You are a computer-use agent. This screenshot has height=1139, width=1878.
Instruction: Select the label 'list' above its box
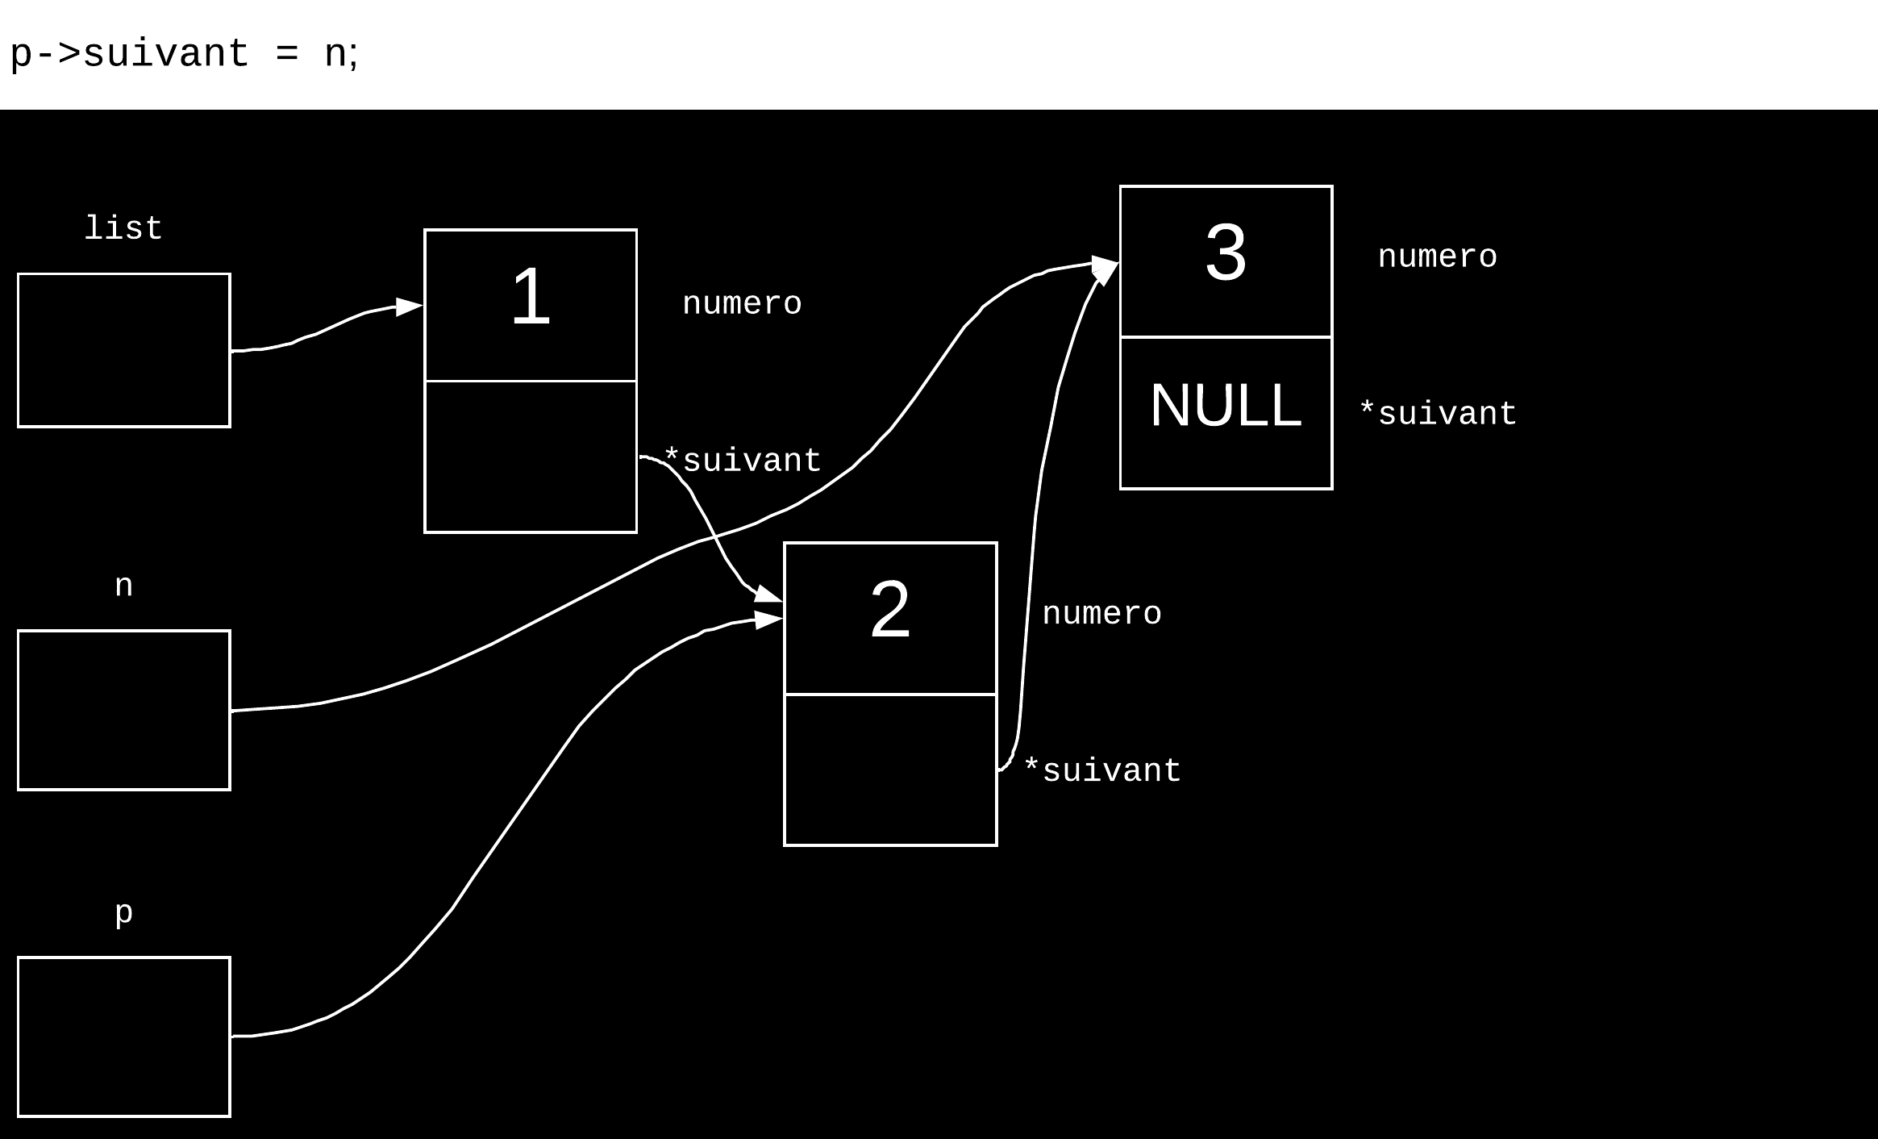(x=123, y=229)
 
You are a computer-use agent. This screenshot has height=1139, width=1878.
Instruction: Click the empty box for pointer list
(x=124, y=350)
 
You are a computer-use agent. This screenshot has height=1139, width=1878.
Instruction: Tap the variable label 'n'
(x=123, y=586)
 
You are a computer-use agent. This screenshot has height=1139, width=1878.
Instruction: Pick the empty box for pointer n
(x=124, y=710)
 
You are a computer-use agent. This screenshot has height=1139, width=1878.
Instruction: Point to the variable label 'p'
(x=123, y=913)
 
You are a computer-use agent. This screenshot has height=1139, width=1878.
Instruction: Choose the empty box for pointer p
(x=124, y=1037)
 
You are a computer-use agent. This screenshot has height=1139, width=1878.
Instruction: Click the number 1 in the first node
(x=531, y=298)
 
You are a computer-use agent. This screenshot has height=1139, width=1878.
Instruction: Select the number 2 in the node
(x=890, y=611)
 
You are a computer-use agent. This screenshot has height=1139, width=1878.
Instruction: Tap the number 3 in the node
(x=1226, y=252)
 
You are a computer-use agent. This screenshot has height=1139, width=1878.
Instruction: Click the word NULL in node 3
(x=1226, y=406)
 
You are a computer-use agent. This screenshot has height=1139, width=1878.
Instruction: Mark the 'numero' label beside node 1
(x=742, y=304)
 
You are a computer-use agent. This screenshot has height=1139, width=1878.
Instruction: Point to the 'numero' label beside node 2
(x=1101, y=614)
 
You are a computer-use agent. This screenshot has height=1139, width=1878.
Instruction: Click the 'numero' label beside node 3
(x=1437, y=257)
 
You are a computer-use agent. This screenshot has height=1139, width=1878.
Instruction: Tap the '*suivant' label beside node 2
(x=1102, y=771)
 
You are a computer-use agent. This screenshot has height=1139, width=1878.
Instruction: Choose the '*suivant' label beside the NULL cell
(x=1439, y=415)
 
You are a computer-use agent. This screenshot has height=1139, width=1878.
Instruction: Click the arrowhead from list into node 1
(x=410, y=307)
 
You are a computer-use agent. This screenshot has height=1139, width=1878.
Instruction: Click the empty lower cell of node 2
(x=890, y=770)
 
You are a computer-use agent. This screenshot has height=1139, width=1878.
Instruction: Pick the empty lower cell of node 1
(x=531, y=457)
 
